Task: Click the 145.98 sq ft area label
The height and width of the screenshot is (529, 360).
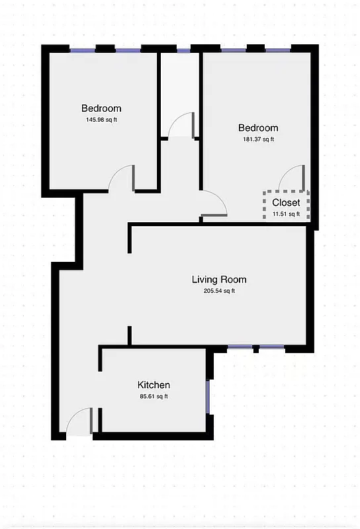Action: pos(101,120)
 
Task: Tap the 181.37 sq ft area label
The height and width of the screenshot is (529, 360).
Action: pos(258,139)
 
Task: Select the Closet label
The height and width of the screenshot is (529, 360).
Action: pos(286,202)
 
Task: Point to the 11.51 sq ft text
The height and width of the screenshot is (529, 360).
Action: pos(286,214)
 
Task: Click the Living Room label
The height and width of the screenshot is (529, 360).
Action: pos(219,280)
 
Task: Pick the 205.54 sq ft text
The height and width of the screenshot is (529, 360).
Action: pos(219,291)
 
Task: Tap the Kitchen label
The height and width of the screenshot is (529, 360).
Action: pos(154,385)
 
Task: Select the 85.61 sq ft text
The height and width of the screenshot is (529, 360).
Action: pos(154,396)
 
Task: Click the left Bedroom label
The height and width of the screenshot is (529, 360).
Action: pos(101,108)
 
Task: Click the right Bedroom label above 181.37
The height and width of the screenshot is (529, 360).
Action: pos(258,128)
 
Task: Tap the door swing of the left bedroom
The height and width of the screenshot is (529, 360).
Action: pos(122,179)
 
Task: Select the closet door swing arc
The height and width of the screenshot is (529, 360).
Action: pos(292,177)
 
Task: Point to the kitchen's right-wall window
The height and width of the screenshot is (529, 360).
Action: pos(208,396)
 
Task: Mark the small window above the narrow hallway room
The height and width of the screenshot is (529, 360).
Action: pos(183,50)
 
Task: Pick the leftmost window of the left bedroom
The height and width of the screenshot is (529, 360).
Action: pos(83,50)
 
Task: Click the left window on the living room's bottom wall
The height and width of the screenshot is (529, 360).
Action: pos(237,347)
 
